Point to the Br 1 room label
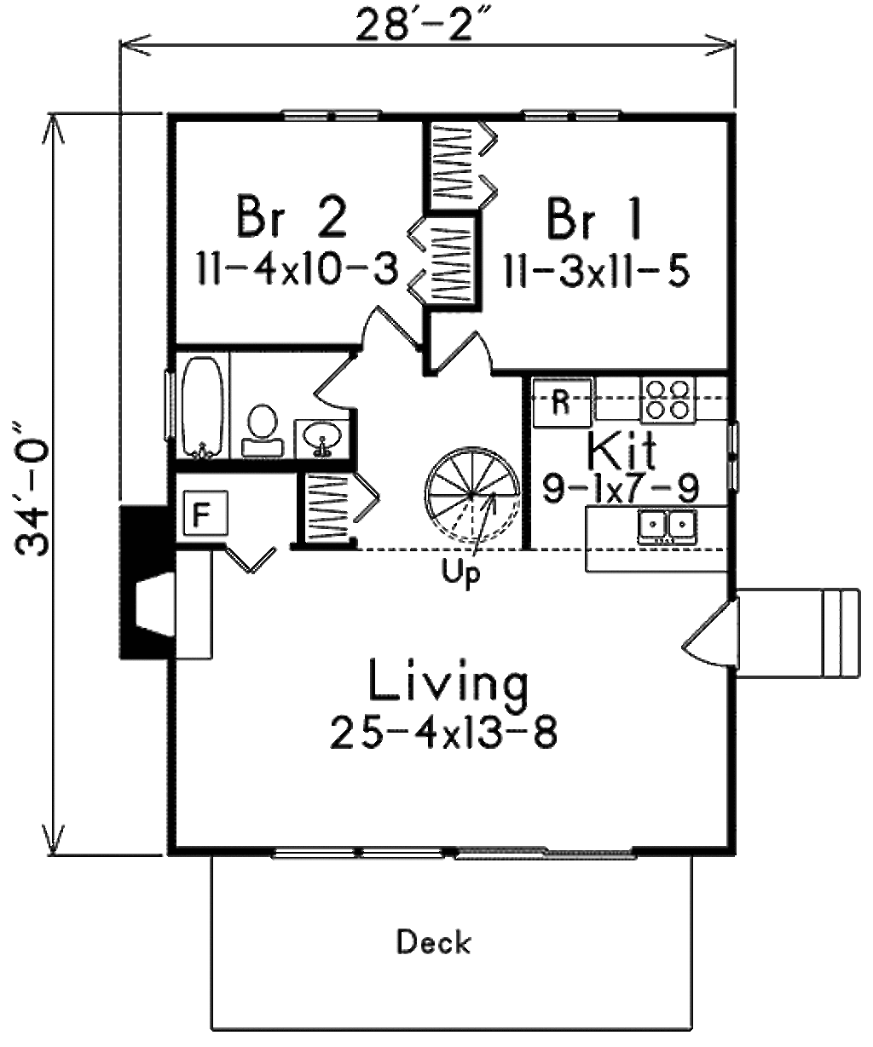[x=593, y=219]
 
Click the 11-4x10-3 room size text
[x=298, y=269]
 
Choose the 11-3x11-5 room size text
[x=597, y=271]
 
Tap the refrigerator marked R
[x=562, y=403]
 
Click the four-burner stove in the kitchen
[x=668, y=400]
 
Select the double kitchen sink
[x=668, y=526]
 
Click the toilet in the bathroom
[x=263, y=431]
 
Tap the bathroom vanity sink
[x=321, y=438]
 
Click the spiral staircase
[x=472, y=496]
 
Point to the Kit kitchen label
[x=622, y=449]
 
